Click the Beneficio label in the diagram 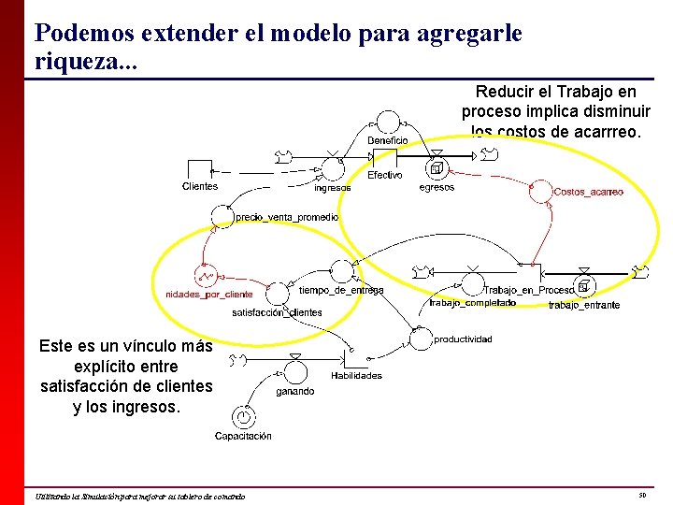click(387, 140)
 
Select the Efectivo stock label click(385, 175)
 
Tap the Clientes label click(200, 186)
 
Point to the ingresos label click(333, 187)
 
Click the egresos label click(437, 187)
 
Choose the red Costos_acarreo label click(589, 192)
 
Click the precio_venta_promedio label click(287, 217)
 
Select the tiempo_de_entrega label click(341, 290)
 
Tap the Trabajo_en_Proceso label click(529, 290)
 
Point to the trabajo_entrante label click(584, 305)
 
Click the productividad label click(463, 339)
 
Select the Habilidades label click(356, 376)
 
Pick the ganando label click(295, 392)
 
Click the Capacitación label click(243, 436)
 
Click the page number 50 click(642, 495)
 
